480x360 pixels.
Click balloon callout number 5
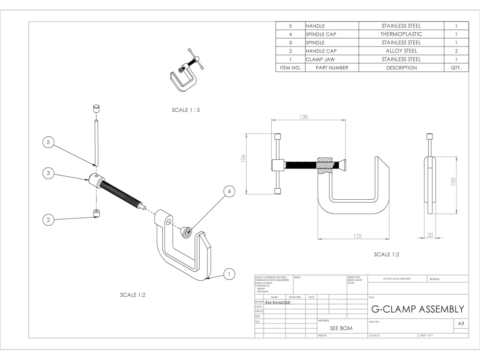48,143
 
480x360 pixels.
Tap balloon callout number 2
48,220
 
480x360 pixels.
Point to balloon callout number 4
229,191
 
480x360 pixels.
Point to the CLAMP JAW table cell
321,59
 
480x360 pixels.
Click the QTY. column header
456,68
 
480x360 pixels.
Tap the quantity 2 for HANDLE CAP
456,51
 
